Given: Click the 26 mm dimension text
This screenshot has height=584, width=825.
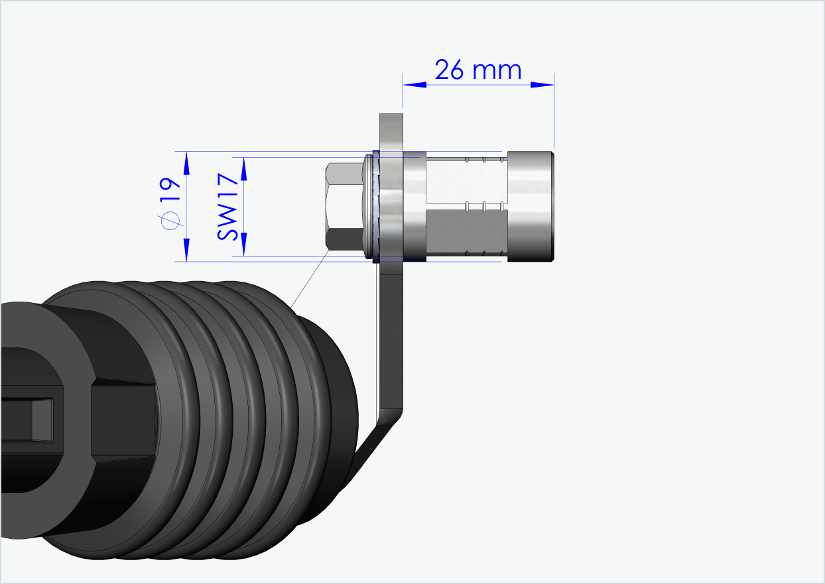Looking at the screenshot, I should (x=477, y=70).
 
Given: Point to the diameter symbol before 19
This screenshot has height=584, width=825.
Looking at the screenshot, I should (x=171, y=221).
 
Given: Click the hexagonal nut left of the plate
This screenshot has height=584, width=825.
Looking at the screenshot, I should (x=343, y=206).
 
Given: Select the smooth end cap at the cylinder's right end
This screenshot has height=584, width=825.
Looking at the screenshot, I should (x=531, y=206).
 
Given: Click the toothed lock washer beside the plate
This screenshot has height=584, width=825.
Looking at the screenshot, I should (x=377, y=206).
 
